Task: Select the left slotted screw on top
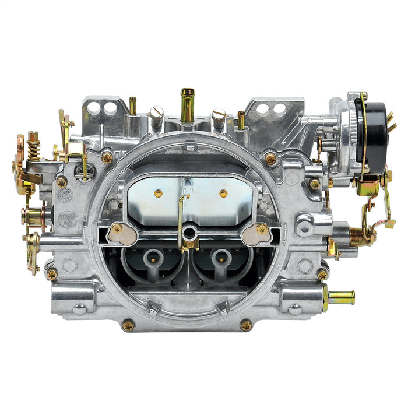pos(156,117)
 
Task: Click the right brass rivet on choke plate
pos(223,193)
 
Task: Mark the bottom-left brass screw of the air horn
pos(128,325)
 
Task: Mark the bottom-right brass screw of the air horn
pos(246,325)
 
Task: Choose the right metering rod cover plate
pos(256,233)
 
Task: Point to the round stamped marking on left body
pos(66,217)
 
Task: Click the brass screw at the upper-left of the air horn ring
pos(107,157)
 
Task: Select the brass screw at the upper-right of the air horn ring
pos(270,158)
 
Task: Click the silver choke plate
pos(189,198)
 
